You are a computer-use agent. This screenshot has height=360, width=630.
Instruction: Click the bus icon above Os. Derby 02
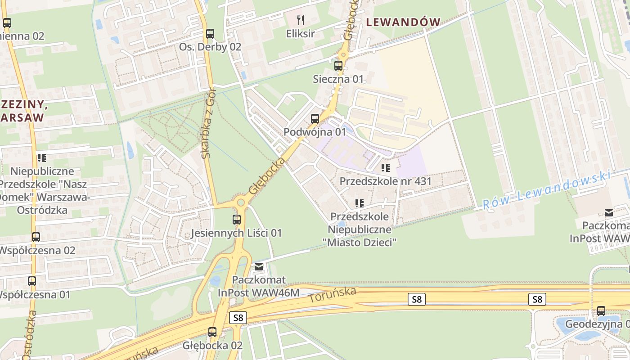(x=210, y=33)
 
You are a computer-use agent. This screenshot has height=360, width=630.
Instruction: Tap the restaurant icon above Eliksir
(x=301, y=20)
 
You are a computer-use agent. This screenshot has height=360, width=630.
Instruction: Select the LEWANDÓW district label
(x=403, y=22)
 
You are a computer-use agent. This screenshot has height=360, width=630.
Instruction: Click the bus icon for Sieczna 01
(x=338, y=66)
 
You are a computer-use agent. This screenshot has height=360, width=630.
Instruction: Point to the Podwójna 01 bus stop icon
(x=315, y=119)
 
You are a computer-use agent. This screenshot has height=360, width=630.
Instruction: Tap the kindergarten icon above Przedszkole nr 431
(x=385, y=168)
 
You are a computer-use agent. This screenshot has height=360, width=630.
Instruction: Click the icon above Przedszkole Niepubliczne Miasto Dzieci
(x=359, y=203)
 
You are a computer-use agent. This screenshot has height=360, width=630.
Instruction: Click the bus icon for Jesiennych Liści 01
(x=236, y=220)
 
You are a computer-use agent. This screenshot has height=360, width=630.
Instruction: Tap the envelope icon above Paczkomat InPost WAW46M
(x=258, y=267)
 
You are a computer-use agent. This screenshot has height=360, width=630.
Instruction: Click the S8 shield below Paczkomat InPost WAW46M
(x=238, y=318)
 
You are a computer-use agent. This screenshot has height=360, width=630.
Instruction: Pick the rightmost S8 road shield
(x=537, y=299)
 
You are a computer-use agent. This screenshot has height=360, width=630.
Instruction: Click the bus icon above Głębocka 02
(x=212, y=332)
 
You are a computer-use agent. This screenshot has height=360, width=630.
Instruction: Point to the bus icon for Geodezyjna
(x=601, y=310)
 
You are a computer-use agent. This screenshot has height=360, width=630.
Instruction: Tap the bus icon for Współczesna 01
(x=31, y=281)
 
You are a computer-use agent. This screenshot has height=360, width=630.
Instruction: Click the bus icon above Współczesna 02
(x=36, y=237)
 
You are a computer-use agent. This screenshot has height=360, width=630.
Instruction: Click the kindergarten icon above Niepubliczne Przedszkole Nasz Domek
(x=42, y=157)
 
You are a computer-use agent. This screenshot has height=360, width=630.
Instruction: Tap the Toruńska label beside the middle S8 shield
(x=333, y=295)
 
